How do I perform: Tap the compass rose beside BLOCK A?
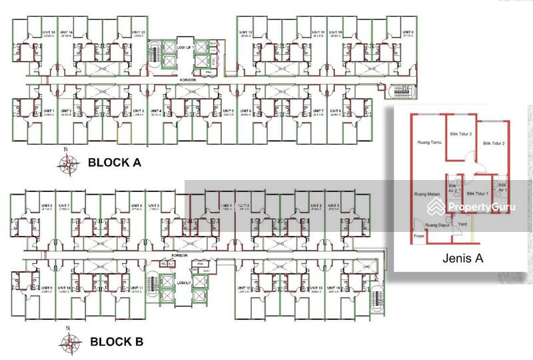point(67,161)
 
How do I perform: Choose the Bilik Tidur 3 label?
point(461,134)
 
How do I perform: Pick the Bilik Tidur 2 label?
point(494,143)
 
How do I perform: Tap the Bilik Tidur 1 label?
point(478,194)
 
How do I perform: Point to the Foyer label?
point(419,235)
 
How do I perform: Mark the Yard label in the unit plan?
point(462,225)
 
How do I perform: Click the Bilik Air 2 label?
point(453,188)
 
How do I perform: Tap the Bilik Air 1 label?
point(502,188)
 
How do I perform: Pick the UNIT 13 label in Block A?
point(138,33)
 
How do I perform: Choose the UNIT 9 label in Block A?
point(407,33)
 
